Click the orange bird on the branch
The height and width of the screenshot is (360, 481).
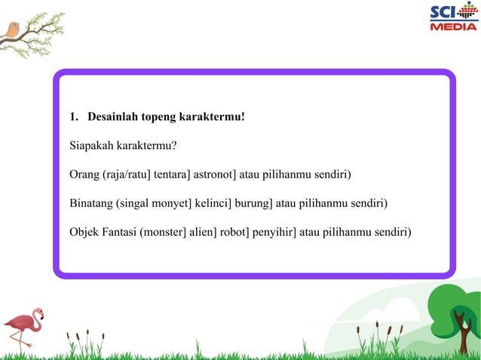12,30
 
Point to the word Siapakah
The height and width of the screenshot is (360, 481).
93,146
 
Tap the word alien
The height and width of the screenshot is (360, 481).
200,232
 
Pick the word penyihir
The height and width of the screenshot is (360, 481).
274,232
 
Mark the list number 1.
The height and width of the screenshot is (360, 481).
73,117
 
